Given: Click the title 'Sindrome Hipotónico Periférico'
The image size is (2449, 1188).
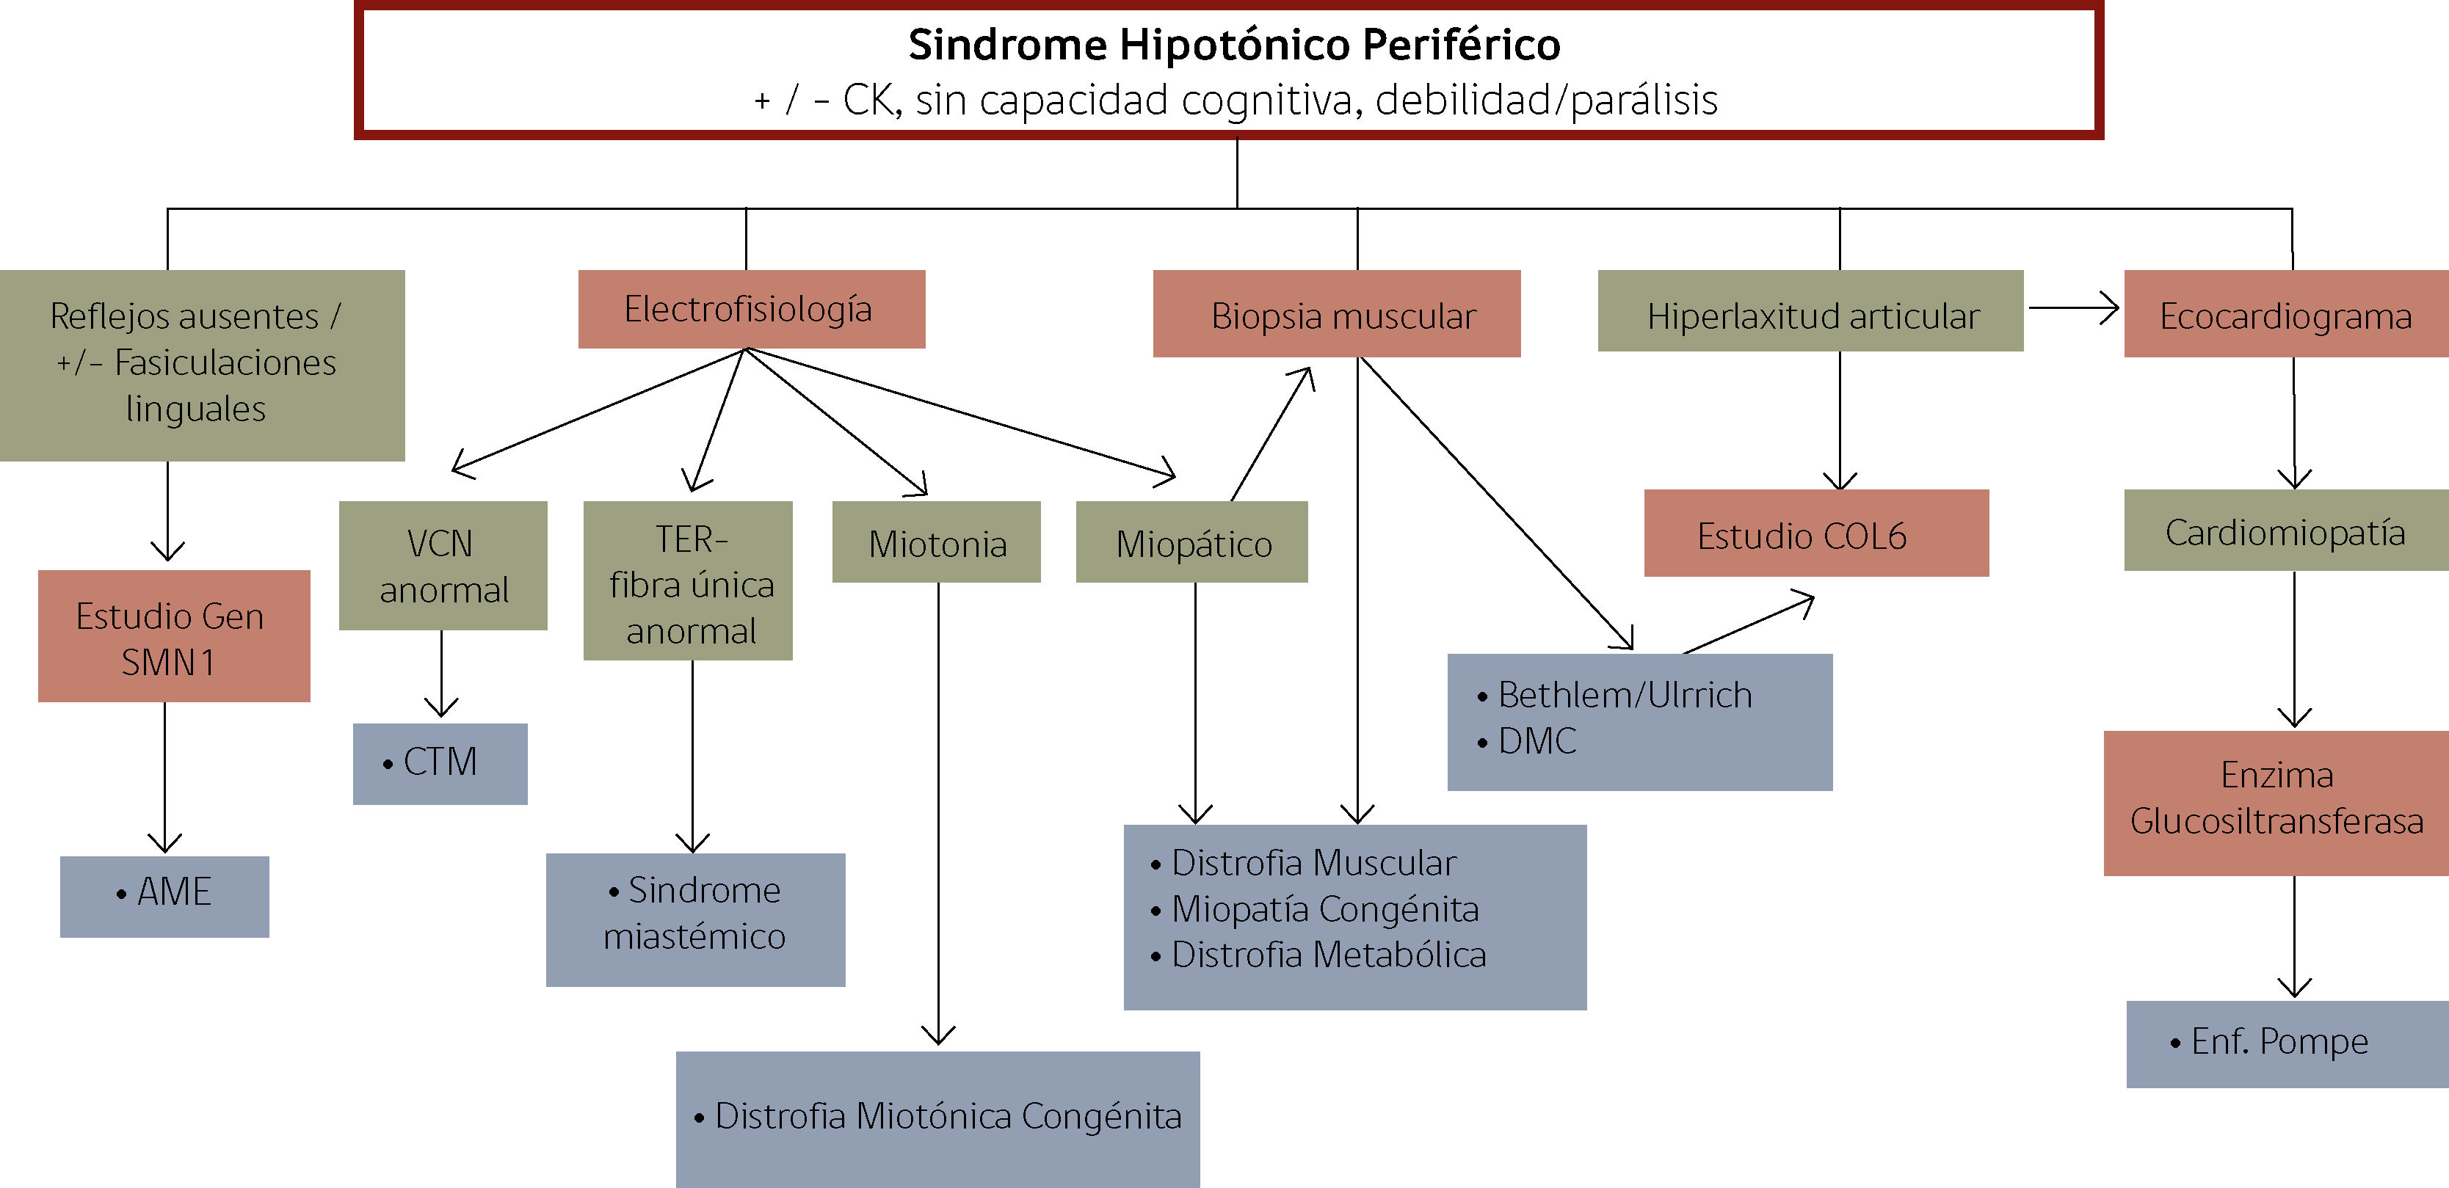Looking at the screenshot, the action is click(x=1234, y=45).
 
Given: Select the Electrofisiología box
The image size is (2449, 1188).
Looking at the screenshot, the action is click(x=751, y=309).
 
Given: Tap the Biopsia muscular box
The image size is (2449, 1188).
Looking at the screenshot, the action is click(x=1337, y=313).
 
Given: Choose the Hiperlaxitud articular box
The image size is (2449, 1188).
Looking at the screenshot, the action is click(x=1810, y=311).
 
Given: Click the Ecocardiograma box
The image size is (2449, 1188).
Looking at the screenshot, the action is click(x=2287, y=313).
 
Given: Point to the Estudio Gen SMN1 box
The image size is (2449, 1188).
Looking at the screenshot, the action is click(x=174, y=635).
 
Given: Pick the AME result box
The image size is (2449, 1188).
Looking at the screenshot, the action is click(x=164, y=896).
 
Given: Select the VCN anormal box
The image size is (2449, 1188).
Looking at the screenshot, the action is click(x=443, y=566).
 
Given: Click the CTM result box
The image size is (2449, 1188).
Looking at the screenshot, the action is click(x=440, y=763).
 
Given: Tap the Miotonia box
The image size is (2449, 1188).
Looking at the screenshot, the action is click(x=937, y=542).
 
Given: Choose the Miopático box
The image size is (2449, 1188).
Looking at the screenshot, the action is click(x=1192, y=542).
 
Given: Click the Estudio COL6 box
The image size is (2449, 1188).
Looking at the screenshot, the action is click(x=1817, y=533).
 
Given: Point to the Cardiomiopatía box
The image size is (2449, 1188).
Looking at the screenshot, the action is click(x=2287, y=531).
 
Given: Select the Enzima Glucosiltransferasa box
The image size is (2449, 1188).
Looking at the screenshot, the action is click(x=2276, y=803).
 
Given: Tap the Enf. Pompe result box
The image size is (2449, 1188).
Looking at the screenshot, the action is click(x=2287, y=1043).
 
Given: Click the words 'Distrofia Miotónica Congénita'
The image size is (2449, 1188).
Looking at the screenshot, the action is click(x=948, y=1116).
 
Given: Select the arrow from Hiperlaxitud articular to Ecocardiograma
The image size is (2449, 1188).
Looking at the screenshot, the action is click(x=2073, y=308).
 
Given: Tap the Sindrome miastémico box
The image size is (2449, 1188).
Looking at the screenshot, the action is click(x=696, y=920).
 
